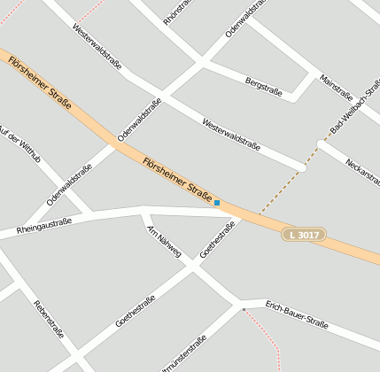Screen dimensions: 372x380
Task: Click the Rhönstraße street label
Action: [179, 10]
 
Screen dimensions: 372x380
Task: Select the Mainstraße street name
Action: [337, 86]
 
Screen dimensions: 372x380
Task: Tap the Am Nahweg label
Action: [163, 240]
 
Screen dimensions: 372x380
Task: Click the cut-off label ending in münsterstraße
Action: [185, 353]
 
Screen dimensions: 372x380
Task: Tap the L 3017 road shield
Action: [304, 235]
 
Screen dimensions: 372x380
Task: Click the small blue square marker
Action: [217, 203]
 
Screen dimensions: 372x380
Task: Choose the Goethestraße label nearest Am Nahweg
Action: [218, 239]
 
